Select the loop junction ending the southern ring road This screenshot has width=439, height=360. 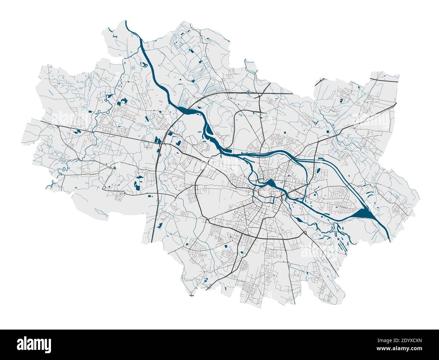tap(305, 233)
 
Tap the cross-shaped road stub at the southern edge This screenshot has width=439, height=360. tap(192, 295)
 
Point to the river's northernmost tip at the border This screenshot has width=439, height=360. tap(126, 21)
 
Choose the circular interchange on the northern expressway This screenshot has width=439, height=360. tap(248, 92)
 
